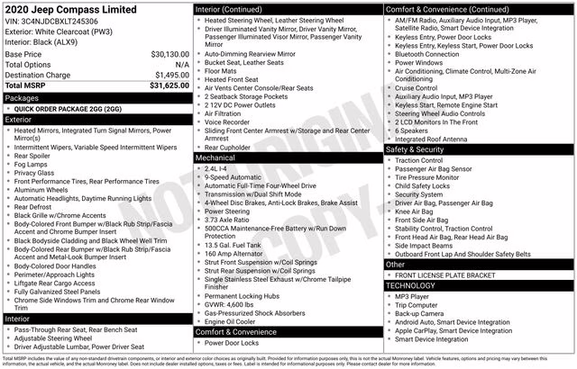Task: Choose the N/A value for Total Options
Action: (182, 65)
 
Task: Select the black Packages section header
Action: (96, 96)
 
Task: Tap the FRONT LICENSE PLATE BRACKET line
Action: (446, 274)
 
